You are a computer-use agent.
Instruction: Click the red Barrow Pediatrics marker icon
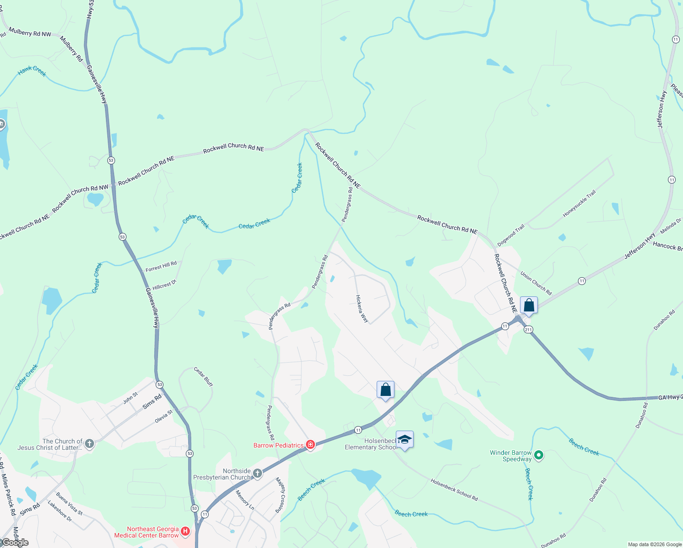tap(310, 445)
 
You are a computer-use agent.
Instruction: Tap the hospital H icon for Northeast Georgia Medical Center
tap(185, 531)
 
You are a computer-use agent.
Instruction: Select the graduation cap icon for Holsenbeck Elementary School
tap(405, 440)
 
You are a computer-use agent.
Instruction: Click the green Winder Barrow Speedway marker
tap(539, 455)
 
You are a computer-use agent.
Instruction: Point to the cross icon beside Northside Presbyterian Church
tap(257, 474)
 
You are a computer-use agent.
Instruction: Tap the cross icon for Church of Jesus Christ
tap(89, 443)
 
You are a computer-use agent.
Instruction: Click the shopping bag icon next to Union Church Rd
tap(529, 305)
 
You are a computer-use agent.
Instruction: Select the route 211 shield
tap(528, 329)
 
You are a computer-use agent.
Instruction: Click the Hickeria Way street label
tap(362, 309)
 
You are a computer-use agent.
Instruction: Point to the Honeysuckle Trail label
tap(579, 204)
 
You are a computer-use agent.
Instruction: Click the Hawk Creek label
tap(32, 71)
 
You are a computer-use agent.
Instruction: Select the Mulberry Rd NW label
tap(30, 33)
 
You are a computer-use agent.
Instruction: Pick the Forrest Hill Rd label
tap(161, 266)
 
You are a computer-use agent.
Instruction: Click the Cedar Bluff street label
tap(203, 377)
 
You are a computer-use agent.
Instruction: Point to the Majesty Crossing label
tap(280, 495)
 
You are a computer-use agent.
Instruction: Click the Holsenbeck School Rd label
tap(454, 490)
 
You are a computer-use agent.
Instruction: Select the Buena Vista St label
tap(69, 503)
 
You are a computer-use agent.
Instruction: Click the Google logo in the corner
tap(15, 543)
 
